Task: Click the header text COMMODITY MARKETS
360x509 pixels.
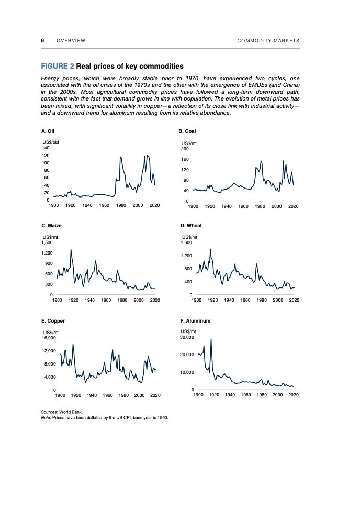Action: point(268,41)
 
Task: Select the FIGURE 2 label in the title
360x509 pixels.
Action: point(57,67)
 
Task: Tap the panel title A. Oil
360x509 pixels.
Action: point(48,131)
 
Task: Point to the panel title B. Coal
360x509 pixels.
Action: point(187,131)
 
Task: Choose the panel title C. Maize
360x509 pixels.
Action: point(51,226)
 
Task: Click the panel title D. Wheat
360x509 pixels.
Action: point(190,226)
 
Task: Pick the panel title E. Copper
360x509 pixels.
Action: point(53,320)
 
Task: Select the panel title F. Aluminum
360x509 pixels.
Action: point(195,320)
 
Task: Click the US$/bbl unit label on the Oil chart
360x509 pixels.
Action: point(51,142)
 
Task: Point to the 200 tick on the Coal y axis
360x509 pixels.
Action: point(185,149)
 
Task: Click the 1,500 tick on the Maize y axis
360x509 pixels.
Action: point(48,243)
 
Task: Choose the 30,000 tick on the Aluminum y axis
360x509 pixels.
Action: point(188,337)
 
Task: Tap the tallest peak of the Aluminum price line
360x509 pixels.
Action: point(211,339)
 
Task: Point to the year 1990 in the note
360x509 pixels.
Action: point(162,417)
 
